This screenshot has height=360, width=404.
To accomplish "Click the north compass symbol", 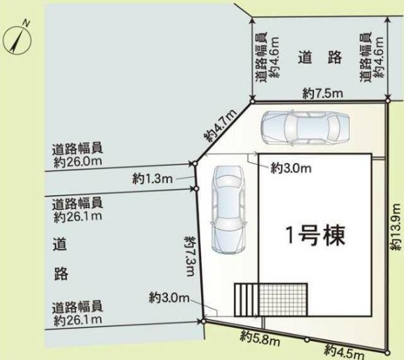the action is click(17, 39).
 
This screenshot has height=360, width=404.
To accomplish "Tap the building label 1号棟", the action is click(315, 235).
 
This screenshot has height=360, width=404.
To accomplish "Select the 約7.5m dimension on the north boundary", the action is click(322, 93).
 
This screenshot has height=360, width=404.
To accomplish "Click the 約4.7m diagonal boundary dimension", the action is click(221, 126).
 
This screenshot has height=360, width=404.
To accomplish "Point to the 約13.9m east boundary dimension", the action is click(396, 226).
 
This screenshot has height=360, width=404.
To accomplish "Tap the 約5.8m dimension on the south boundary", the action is click(260, 337).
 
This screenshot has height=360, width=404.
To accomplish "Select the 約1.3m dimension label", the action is click(152, 179).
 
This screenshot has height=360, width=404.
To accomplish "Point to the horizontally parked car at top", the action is click(305, 127).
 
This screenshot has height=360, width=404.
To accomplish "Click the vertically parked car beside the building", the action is click(228, 209).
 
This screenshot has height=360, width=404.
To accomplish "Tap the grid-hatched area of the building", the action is click(283, 300).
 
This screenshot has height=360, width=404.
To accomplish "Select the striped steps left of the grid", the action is click(247, 300).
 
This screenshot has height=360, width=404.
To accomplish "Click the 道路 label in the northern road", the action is click(320, 57).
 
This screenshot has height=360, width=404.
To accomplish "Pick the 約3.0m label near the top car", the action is click(291, 168).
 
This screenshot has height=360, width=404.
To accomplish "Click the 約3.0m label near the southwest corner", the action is click(169, 298).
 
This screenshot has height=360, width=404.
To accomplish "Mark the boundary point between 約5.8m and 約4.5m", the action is click(306, 340).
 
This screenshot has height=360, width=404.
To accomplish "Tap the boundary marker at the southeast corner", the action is click(386, 352).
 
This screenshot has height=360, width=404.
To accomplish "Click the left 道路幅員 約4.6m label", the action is click(268, 57).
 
